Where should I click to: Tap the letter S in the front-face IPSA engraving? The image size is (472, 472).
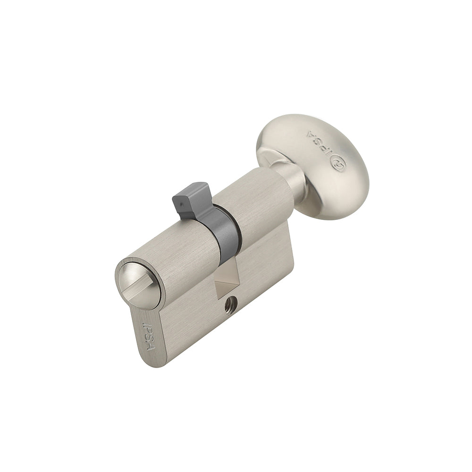151,338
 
